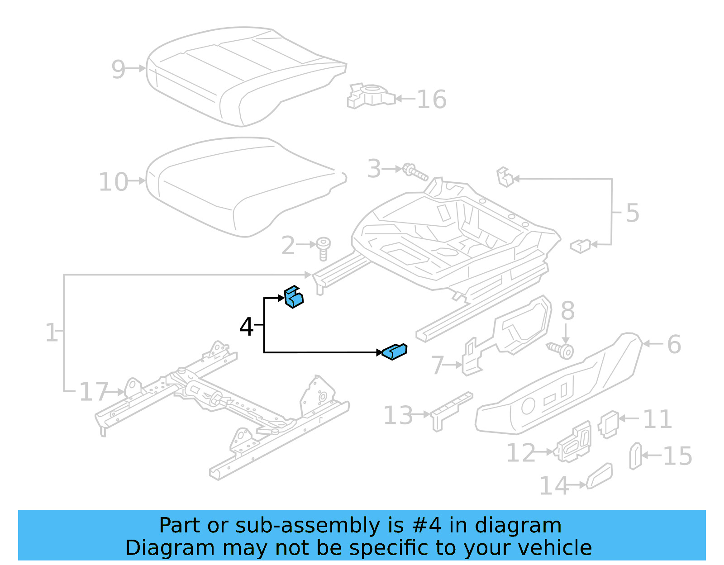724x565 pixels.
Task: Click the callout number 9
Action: pyautogui.click(x=118, y=70)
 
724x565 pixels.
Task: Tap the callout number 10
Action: pyautogui.click(x=113, y=182)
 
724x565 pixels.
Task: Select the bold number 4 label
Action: pyautogui.click(x=246, y=327)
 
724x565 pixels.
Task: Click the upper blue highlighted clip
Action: pyautogui.click(x=294, y=297)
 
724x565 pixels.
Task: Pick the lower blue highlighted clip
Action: pyautogui.click(x=395, y=351)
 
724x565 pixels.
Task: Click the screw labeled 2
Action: pyautogui.click(x=323, y=248)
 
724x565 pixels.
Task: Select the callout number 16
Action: pyautogui.click(x=431, y=100)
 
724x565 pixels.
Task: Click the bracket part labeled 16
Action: pyautogui.click(x=369, y=96)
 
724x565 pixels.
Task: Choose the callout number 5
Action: pyautogui.click(x=632, y=213)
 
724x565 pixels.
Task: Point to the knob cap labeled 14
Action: pyautogui.click(x=600, y=476)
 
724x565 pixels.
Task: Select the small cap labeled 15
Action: pyautogui.click(x=635, y=456)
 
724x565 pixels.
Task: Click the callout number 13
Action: pyautogui.click(x=398, y=415)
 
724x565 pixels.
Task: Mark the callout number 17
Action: pyautogui.click(x=94, y=392)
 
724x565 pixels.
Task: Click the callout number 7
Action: pyautogui.click(x=437, y=365)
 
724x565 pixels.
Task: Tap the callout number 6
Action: pyautogui.click(x=674, y=344)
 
